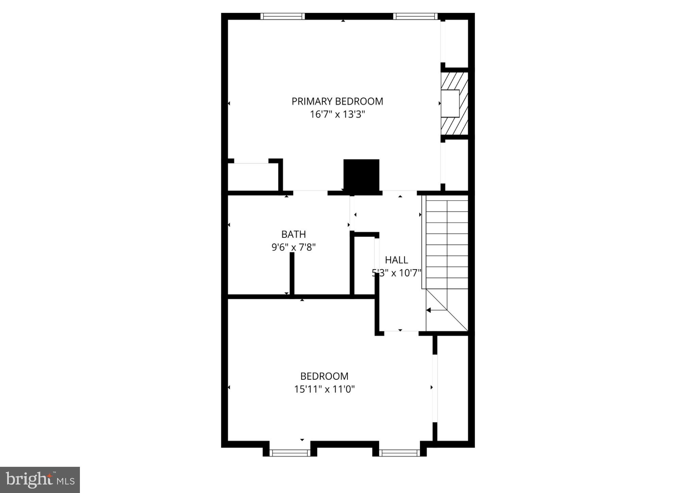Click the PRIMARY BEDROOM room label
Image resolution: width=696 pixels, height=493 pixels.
337,101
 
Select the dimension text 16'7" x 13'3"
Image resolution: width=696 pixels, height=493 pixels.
337,114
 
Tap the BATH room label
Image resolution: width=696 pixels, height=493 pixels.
293,234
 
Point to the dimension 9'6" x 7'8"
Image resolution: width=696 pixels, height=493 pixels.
293,247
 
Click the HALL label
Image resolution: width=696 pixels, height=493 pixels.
396,260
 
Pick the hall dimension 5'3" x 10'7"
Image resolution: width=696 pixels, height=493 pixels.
396,273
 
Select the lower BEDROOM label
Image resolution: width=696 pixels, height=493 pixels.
324,376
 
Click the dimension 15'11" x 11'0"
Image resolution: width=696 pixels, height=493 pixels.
324,389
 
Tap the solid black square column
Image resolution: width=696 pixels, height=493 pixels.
361,176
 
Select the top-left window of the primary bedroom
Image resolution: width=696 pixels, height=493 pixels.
283,16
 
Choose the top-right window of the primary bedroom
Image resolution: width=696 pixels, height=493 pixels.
415,16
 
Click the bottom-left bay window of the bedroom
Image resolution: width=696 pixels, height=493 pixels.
290,453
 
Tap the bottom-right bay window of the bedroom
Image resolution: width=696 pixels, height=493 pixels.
399,453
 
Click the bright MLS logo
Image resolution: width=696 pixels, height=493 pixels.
40,480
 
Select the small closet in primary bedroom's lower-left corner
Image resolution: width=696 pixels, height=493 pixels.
253,177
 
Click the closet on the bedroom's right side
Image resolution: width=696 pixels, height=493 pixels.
452,388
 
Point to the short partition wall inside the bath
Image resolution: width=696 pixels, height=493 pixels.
292,274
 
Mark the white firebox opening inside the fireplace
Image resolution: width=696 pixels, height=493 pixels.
450,103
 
